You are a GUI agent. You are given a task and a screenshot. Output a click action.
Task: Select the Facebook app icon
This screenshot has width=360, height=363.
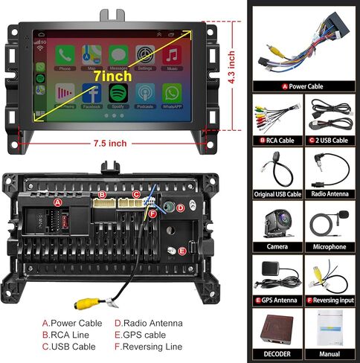coord(91,92)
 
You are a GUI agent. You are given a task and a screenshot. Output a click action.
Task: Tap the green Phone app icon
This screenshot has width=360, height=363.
coord(65,56)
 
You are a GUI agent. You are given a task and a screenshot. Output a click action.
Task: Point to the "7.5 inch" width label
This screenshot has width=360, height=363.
coord(111,144)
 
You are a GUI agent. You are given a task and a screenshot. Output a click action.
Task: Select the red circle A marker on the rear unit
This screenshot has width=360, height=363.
coord(57,202)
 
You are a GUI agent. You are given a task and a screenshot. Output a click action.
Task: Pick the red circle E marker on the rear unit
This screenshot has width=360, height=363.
coord(181,251)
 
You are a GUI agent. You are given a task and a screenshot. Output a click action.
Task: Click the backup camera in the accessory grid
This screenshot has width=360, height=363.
coord(277,222)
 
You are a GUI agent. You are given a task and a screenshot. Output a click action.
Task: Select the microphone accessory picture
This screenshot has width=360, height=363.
coord(329,222)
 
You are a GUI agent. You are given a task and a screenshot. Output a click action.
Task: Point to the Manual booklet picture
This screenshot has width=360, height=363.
coord(328,329)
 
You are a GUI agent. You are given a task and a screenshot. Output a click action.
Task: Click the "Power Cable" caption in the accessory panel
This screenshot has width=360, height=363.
coord(306,87)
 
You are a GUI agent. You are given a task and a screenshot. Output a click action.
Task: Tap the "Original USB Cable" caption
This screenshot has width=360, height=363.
coord(277,194)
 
